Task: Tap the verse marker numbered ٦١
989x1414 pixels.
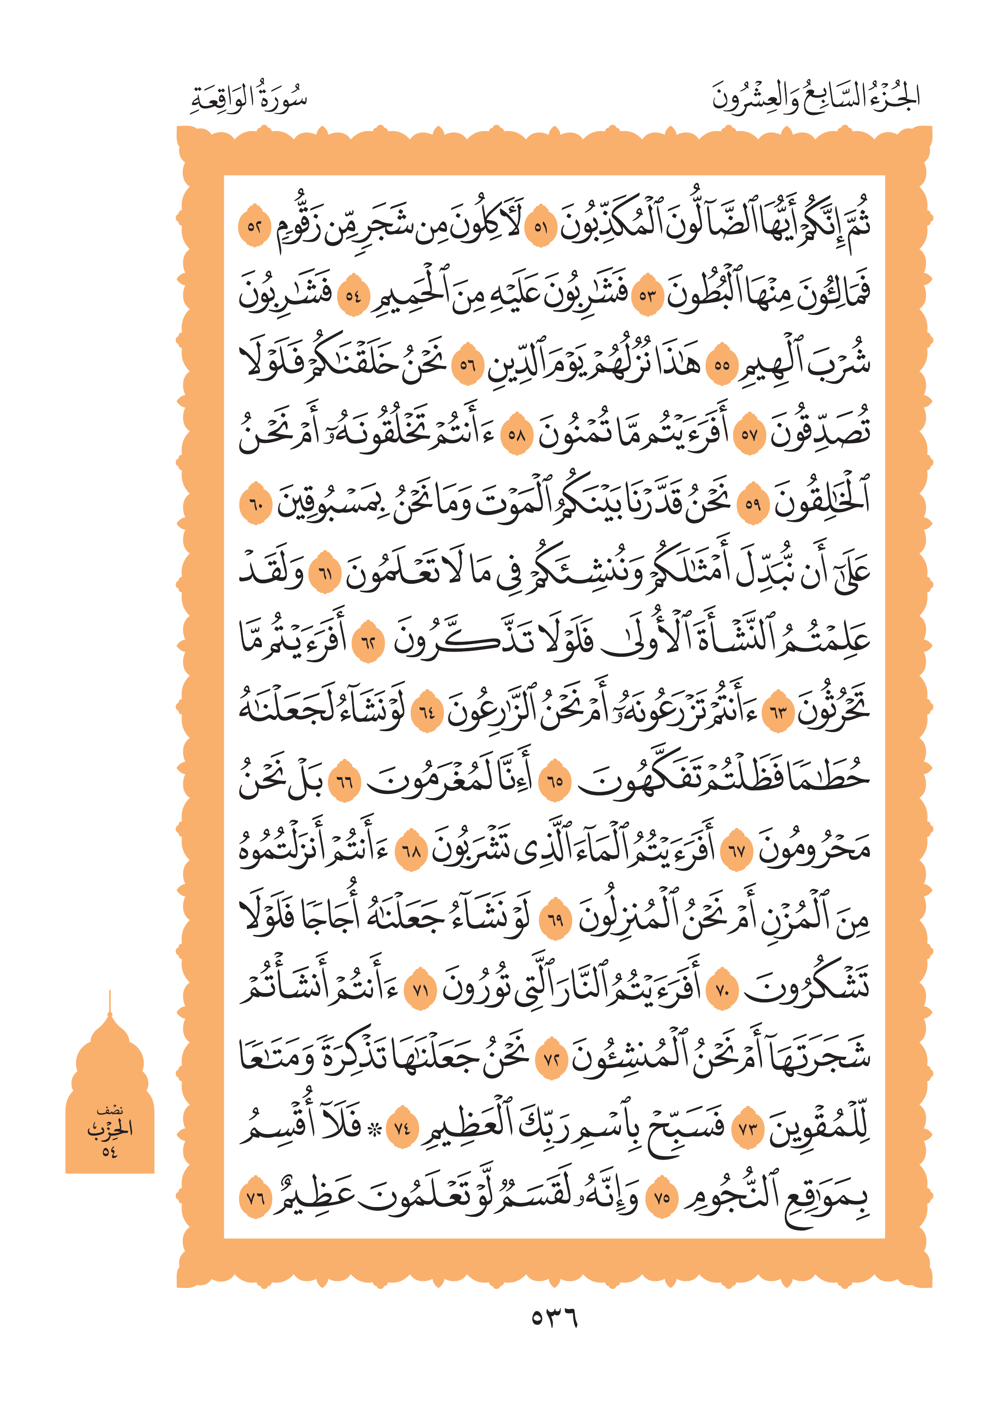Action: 325,574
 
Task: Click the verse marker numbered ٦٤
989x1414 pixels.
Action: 427,713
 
